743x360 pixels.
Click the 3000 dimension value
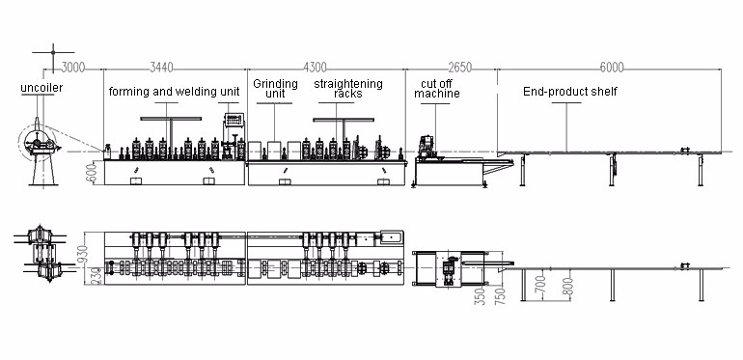73,68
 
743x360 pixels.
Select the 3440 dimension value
161,68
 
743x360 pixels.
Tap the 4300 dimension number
316,68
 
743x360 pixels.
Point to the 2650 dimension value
459,68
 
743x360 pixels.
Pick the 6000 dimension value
612,68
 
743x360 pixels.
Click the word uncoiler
41,88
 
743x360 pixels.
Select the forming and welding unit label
174,92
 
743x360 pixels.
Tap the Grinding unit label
275,89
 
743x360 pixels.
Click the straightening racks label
348,89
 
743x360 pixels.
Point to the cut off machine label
437,89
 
